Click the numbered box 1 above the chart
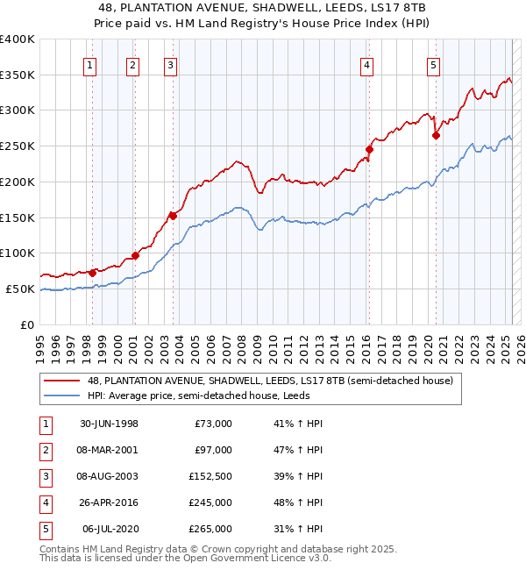[91, 64]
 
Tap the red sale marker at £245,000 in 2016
[369, 150]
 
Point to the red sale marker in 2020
[436, 135]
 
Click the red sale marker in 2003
[173, 216]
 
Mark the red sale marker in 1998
[93, 272]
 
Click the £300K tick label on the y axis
[17, 110]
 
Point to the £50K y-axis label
[20, 289]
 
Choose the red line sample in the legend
[63, 381]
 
